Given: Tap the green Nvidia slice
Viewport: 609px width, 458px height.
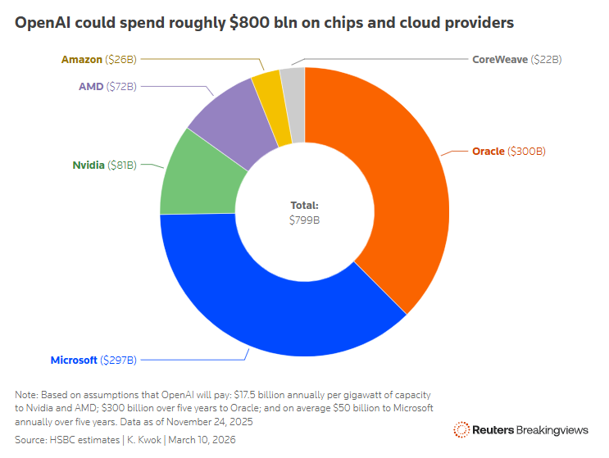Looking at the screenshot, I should [x=193, y=176].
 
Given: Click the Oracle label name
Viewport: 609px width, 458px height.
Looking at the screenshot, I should [x=489, y=152].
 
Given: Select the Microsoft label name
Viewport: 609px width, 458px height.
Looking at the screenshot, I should [x=74, y=360].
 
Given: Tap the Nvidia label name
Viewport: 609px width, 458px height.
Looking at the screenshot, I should [x=89, y=166].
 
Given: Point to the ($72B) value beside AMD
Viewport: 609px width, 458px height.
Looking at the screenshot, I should [x=121, y=86].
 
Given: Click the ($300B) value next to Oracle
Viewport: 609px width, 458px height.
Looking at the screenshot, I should [x=527, y=152].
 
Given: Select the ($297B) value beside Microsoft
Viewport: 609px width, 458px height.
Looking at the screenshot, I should [x=118, y=360].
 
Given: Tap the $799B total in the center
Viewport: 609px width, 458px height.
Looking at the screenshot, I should [x=304, y=220].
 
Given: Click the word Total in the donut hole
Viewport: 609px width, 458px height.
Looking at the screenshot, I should [x=304, y=206].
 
